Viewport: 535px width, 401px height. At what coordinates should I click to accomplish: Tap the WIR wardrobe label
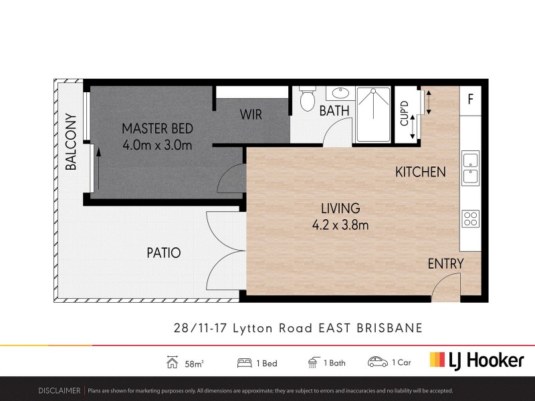coord(251,115)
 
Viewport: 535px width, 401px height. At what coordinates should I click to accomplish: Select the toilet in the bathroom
coord(308,100)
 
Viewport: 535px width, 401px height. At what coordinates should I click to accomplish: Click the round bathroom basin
coord(338,94)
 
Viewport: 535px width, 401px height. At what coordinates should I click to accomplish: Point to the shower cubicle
coord(372,114)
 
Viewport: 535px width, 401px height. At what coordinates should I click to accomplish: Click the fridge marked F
coord(471,100)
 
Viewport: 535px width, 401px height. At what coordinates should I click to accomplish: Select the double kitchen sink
coord(470,168)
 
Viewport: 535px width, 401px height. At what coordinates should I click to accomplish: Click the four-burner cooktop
coord(470,219)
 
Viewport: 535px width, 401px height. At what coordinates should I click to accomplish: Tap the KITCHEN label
coord(420,172)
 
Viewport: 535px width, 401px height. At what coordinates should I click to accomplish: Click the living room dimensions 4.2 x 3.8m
coord(340,225)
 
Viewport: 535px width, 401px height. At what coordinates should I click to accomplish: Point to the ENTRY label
coord(445,264)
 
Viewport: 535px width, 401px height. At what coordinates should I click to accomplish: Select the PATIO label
coord(164,253)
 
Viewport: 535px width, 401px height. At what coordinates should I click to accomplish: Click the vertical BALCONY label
coord(71,142)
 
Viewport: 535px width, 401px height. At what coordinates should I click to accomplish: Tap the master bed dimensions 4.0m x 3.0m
coord(157,144)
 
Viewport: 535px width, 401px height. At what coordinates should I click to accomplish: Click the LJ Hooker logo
coord(476,360)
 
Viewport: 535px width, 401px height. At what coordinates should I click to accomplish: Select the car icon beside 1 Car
coord(378,362)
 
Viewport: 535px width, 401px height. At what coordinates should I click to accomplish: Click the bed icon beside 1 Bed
coord(245,363)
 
